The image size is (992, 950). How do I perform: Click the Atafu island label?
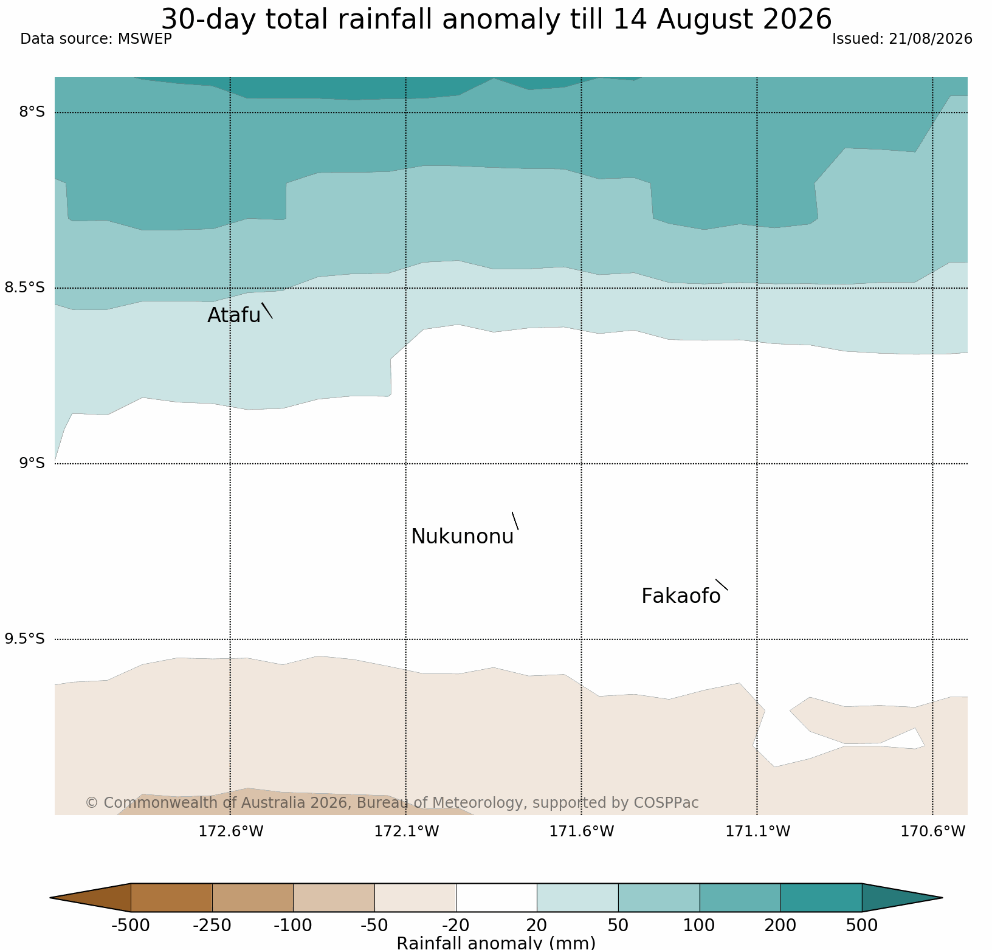[x=234, y=315]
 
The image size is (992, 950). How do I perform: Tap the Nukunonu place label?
[x=463, y=537]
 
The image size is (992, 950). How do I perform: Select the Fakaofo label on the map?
[x=681, y=596]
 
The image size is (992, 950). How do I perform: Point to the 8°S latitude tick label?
[x=32, y=112]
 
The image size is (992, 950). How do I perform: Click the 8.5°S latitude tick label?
[x=25, y=287]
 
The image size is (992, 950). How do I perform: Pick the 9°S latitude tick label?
[x=32, y=463]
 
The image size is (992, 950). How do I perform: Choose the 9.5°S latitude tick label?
[x=25, y=639]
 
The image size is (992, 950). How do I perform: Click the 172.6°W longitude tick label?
[x=231, y=831]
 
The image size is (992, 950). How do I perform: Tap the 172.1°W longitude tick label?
[x=406, y=831]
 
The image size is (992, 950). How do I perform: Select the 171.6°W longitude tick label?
[x=582, y=831]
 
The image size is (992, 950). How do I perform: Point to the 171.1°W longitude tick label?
[x=757, y=831]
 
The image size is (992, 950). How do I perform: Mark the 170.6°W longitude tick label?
[x=932, y=831]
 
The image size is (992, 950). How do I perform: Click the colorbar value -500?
[x=131, y=926]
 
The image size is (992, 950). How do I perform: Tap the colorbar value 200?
[x=780, y=926]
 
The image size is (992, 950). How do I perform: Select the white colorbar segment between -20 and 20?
[x=497, y=898]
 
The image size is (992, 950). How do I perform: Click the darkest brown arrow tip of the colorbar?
[x=52, y=898]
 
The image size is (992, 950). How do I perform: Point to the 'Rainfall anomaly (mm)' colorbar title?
[x=496, y=943]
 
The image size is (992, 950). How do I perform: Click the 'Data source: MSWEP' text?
[x=96, y=39]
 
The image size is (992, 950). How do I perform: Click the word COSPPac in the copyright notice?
[x=666, y=803]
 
